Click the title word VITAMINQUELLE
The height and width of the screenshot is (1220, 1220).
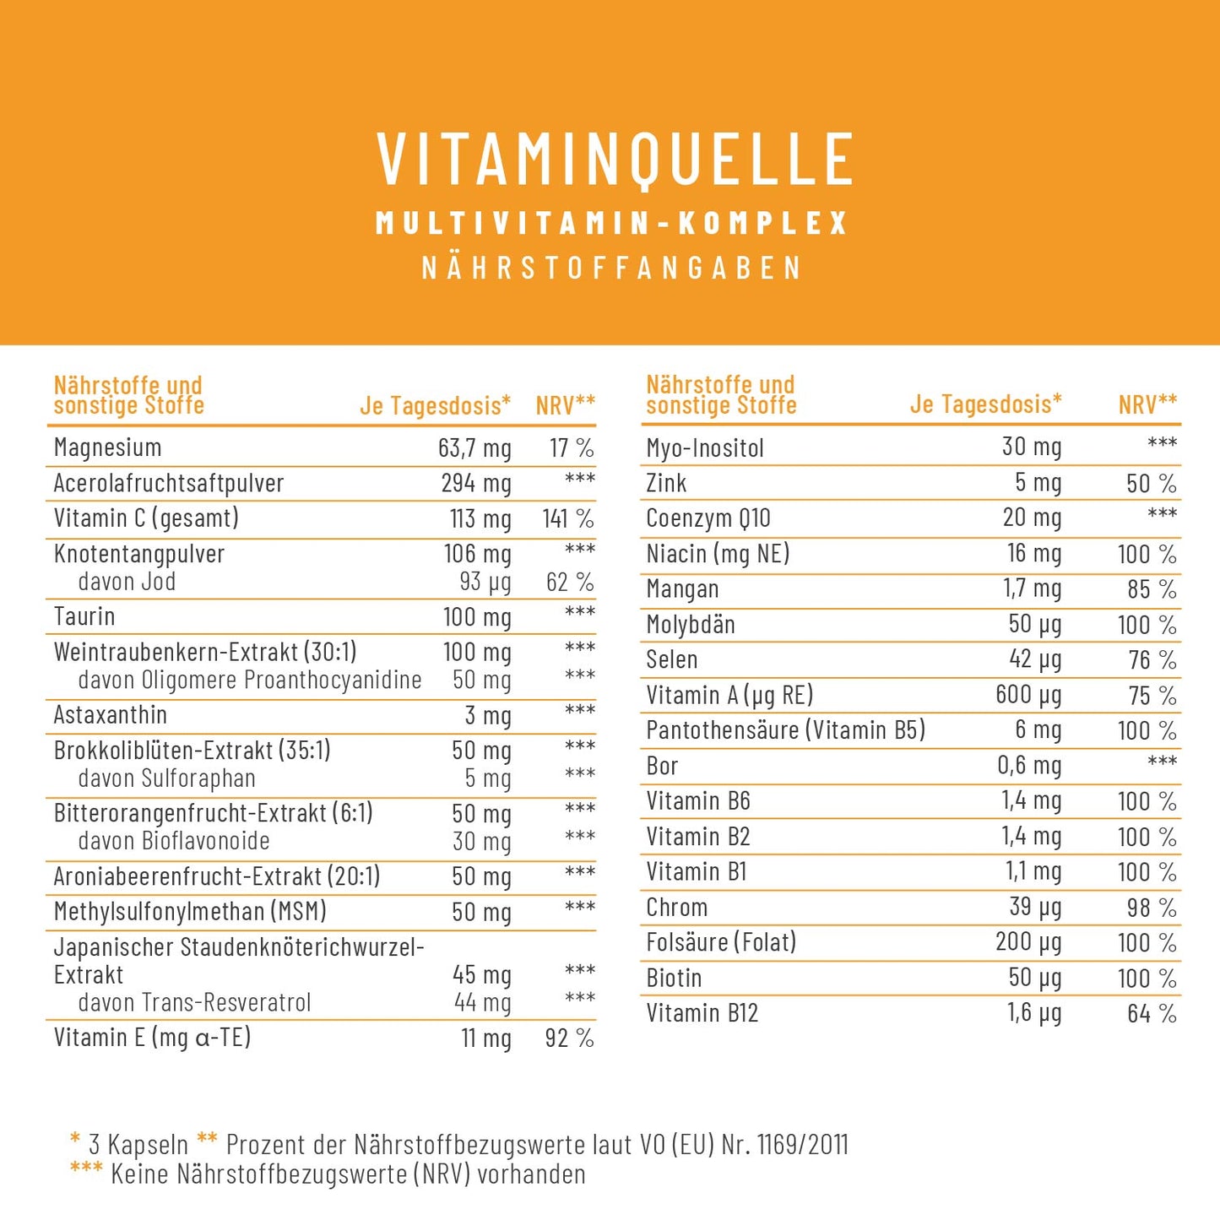pos(614,159)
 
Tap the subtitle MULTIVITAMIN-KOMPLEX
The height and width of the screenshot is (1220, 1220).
pos(611,223)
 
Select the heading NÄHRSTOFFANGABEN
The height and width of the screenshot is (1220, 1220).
pos(611,268)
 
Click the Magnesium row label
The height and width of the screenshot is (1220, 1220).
pos(107,447)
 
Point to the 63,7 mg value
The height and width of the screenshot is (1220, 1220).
pos(474,448)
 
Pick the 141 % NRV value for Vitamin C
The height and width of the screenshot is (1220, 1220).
pos(568,518)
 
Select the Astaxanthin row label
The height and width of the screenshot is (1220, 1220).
pos(110,715)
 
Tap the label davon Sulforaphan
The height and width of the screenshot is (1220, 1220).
pos(166,778)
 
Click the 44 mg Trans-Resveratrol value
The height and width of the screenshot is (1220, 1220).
pos(482,1003)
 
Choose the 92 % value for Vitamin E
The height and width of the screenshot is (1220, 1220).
pos(569,1038)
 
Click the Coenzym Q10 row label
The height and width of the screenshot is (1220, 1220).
pos(708,518)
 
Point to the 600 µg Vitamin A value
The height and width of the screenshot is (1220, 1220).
pos(1028,695)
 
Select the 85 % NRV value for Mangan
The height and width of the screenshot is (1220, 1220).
pos(1152,589)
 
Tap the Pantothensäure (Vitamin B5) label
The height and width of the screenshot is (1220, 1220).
pos(785,730)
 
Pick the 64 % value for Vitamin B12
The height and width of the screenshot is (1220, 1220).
pos(1152,1013)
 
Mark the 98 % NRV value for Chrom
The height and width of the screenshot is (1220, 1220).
pos(1152,908)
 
